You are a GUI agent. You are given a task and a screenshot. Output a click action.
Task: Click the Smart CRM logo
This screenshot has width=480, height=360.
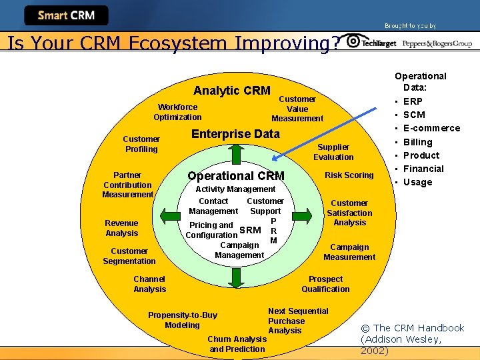(66, 15)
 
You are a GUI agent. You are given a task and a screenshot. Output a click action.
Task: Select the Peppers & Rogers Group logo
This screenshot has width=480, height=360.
(437, 43)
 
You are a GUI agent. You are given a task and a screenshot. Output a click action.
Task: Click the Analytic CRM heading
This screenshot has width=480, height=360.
(231, 91)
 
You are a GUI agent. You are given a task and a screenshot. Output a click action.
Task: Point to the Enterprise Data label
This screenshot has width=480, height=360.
(235, 133)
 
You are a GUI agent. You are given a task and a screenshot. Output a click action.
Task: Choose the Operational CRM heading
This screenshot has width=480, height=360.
(236, 176)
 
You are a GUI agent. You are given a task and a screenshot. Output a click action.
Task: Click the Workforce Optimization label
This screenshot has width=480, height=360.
(177, 112)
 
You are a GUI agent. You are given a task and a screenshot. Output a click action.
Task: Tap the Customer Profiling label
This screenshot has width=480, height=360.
(141, 144)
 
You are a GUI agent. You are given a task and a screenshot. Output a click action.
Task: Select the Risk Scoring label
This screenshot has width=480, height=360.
(349, 175)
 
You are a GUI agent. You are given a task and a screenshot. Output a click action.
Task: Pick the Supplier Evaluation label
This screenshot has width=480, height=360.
(333, 152)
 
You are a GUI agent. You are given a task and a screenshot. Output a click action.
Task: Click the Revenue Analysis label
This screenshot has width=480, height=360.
(121, 228)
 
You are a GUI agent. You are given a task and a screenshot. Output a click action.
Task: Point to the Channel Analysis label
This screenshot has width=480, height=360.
(149, 284)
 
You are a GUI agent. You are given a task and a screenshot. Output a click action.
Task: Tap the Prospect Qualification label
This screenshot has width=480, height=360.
(325, 284)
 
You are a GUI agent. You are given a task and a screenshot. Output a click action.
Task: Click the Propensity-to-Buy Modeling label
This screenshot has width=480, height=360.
(182, 320)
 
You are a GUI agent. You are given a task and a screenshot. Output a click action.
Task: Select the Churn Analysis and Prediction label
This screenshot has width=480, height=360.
(237, 344)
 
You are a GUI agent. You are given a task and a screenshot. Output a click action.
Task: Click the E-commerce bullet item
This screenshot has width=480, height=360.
(431, 128)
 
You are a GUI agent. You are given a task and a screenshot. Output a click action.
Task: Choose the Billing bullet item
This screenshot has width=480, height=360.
(417, 142)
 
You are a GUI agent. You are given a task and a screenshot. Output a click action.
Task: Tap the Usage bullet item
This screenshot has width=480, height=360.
(417, 182)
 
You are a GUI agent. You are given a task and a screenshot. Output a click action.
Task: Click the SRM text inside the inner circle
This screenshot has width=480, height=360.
(250, 230)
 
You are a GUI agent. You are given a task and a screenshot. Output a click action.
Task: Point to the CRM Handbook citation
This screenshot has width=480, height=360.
(411, 339)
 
